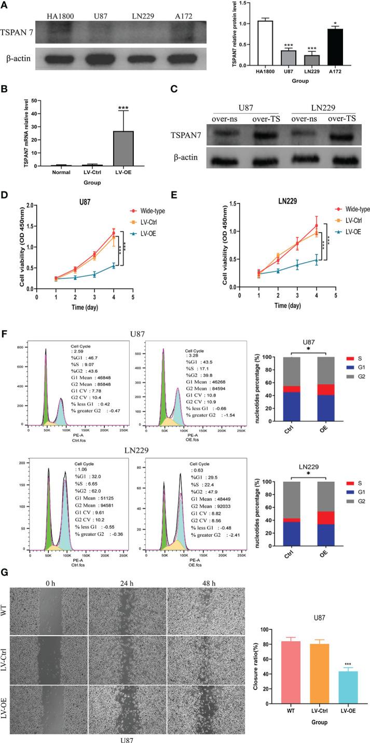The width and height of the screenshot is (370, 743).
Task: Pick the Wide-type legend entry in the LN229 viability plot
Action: (x=352, y=208)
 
